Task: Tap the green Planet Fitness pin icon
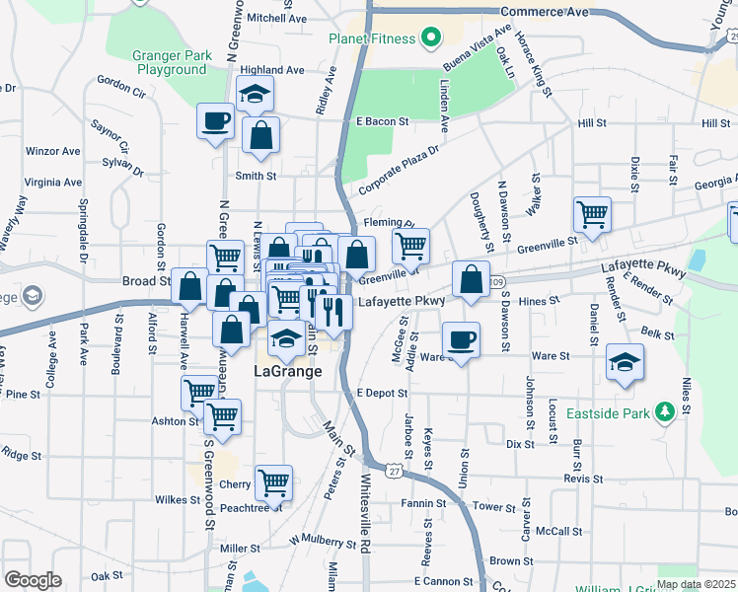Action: tap(430, 39)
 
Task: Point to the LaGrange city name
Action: tap(288, 372)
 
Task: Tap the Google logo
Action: tap(33, 580)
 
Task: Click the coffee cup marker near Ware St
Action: tap(462, 339)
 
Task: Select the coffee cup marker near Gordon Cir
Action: tap(216, 121)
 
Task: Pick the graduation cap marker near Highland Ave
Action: tap(255, 94)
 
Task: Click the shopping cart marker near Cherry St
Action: tap(273, 482)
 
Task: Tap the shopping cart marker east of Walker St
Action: tap(592, 213)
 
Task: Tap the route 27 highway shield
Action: tap(394, 473)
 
